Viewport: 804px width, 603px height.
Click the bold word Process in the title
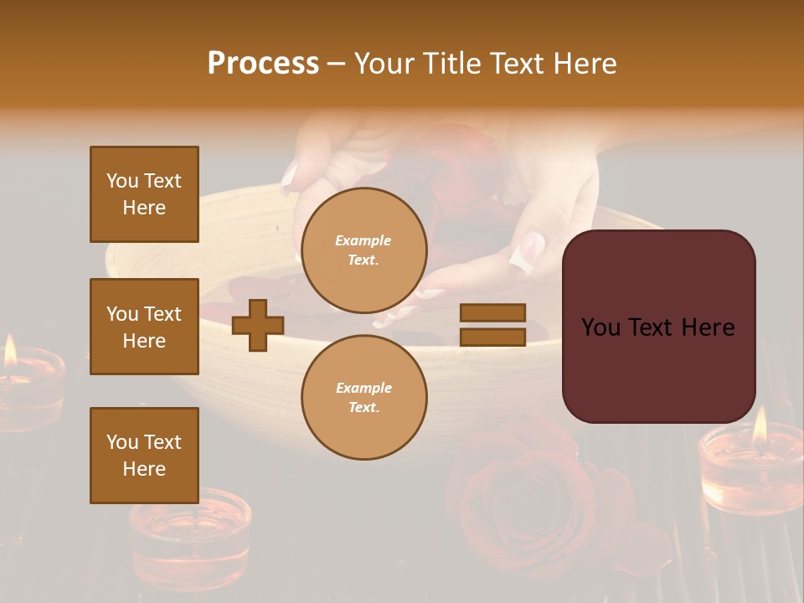(x=263, y=64)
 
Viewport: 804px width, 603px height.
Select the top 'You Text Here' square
(x=144, y=194)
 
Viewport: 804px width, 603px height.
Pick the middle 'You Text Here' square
(x=144, y=327)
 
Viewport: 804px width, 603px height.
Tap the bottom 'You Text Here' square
(x=144, y=456)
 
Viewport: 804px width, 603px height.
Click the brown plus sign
(x=258, y=325)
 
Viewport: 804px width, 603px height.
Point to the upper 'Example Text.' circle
(x=363, y=250)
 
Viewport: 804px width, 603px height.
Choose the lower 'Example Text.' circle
(x=363, y=398)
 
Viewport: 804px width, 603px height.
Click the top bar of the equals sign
(x=492, y=313)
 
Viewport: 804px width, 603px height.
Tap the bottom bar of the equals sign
(x=492, y=337)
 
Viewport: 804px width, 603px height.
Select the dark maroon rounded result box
(x=658, y=327)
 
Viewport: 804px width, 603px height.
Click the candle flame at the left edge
(x=10, y=352)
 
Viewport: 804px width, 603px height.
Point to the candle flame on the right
(x=760, y=425)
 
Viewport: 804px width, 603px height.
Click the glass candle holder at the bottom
(x=189, y=536)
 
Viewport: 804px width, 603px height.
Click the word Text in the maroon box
(x=658, y=327)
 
